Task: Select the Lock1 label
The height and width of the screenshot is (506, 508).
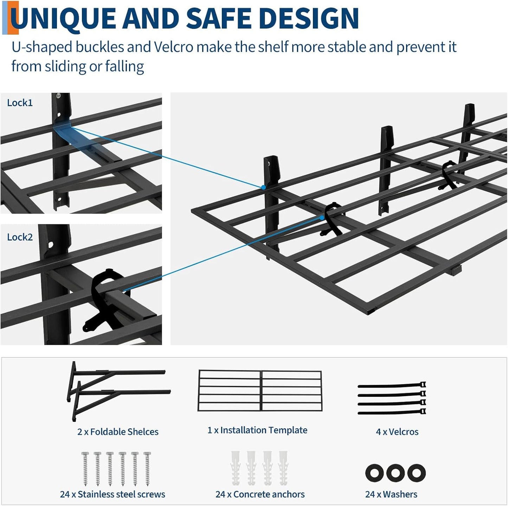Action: click(x=20, y=103)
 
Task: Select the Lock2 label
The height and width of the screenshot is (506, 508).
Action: click(x=20, y=237)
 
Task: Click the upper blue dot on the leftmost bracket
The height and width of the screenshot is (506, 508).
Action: click(x=263, y=187)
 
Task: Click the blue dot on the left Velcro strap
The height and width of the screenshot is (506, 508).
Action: click(x=322, y=218)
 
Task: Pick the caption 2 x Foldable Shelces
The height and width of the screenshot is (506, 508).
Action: click(x=118, y=432)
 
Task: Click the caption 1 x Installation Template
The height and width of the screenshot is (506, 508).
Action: click(x=257, y=430)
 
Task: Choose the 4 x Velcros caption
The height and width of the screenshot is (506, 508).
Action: click(x=397, y=432)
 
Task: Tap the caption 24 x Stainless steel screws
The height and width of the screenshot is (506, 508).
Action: click(x=112, y=494)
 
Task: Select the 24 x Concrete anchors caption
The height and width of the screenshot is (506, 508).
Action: click(x=260, y=494)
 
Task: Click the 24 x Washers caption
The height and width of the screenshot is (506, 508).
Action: click(x=391, y=494)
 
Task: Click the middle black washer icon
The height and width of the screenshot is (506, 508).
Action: click(x=395, y=473)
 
